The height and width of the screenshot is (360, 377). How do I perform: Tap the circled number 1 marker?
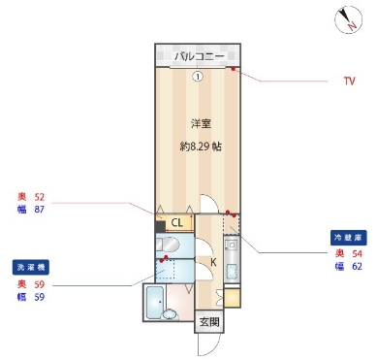tap(197, 78)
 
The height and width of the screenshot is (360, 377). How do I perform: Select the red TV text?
tap(349, 82)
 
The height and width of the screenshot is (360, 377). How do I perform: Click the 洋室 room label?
tap(200, 123)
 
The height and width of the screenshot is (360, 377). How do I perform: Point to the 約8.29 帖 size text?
tap(201, 147)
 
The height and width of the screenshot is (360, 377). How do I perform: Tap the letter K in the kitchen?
tap(213, 261)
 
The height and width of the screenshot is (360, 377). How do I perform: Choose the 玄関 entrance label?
tap(209, 321)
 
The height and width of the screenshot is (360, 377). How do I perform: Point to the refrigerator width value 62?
tap(357, 265)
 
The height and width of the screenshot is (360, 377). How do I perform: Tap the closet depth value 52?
tap(40, 195)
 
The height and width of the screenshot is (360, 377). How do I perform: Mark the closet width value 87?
tap(40, 209)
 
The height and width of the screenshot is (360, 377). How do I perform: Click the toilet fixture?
tap(169, 245)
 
